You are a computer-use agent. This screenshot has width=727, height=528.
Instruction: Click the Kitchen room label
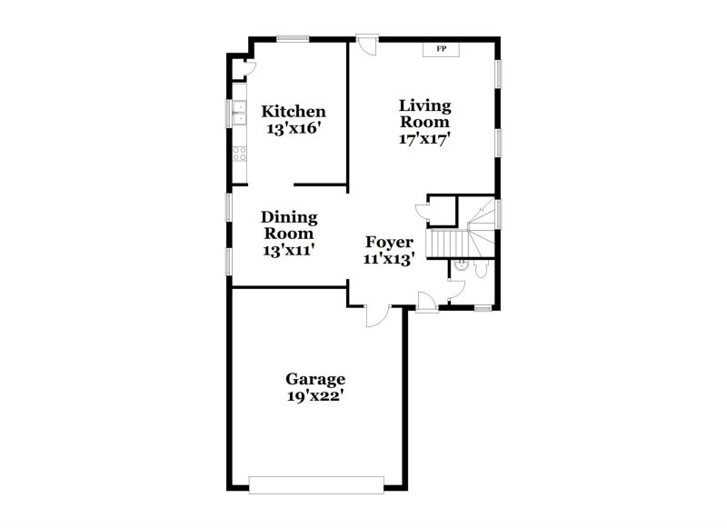(294, 112)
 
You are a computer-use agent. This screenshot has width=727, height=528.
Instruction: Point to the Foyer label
(390, 242)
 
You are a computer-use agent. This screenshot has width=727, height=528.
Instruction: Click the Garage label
(315, 379)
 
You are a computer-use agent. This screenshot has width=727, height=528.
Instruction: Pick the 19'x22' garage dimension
(315, 396)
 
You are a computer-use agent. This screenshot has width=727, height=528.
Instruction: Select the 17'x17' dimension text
(424, 139)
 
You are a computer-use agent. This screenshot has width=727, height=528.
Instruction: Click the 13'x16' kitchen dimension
(294, 129)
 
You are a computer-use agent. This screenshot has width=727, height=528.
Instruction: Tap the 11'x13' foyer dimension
(390, 259)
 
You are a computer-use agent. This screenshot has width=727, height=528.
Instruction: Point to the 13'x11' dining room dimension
(289, 251)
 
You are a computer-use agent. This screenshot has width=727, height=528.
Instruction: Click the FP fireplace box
(442, 48)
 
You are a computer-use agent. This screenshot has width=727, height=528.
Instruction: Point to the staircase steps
(447, 244)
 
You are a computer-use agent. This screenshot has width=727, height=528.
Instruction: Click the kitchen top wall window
(293, 38)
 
